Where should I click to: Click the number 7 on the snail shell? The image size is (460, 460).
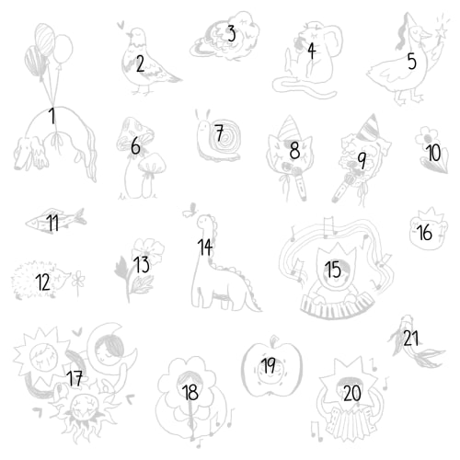pyautogui.click(x=219, y=132)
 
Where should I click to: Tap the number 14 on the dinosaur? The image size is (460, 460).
pyautogui.click(x=205, y=247)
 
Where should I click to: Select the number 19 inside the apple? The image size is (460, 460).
pyautogui.click(x=269, y=365)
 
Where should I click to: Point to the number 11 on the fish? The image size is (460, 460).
pyautogui.click(x=52, y=223)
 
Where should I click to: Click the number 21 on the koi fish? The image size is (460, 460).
pyautogui.click(x=411, y=338)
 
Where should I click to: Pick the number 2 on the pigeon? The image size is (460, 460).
pyautogui.click(x=140, y=63)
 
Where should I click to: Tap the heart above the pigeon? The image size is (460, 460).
pyautogui.click(x=121, y=24)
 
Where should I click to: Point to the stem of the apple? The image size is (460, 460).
pyautogui.click(x=273, y=340)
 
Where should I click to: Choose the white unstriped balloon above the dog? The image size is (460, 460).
pyautogui.click(x=63, y=49)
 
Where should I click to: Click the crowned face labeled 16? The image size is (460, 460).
pyautogui.click(x=429, y=229)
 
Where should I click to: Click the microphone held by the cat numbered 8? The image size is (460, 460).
pyautogui.click(x=300, y=181)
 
